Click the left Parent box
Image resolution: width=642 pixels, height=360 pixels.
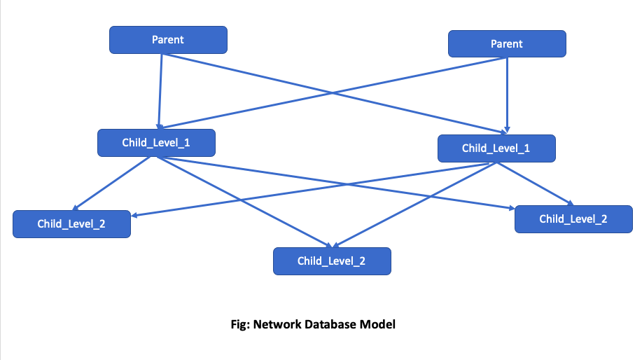(x=168, y=40)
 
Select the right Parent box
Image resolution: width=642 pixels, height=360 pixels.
(x=506, y=43)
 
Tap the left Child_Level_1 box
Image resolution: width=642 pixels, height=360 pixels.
(x=156, y=143)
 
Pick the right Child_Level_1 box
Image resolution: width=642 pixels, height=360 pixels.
(x=496, y=148)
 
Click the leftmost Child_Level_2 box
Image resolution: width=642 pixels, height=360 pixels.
(x=71, y=224)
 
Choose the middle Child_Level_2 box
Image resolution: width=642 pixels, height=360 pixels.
(x=332, y=261)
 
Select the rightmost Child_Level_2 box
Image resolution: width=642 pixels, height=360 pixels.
(x=573, y=219)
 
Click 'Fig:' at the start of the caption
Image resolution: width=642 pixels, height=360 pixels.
(x=240, y=324)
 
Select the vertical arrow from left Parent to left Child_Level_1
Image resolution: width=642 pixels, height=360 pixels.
(x=160, y=91)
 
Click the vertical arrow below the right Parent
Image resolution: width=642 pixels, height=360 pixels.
(x=506, y=95)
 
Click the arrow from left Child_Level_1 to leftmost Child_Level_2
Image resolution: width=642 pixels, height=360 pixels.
(x=112, y=183)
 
